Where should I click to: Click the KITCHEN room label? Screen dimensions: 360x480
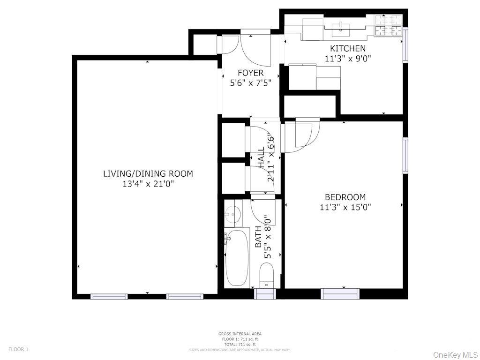pyautogui.click(x=348, y=48)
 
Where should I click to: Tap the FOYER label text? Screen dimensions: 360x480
pyautogui.click(x=250, y=73)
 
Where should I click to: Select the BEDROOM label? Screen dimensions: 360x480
pyautogui.click(x=345, y=197)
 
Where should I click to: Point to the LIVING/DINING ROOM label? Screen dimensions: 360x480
pyautogui.click(x=148, y=174)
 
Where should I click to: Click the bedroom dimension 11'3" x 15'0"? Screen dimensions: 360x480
pyautogui.click(x=345, y=207)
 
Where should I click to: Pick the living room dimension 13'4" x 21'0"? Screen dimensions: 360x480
pyautogui.click(x=148, y=184)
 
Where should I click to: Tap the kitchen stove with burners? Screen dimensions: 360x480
pyautogui.click(x=389, y=25)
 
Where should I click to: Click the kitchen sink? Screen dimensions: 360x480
pyautogui.click(x=342, y=28)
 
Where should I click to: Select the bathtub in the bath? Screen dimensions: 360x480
pyautogui.click(x=237, y=258)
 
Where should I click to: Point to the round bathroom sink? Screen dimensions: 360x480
pyautogui.click(x=232, y=215)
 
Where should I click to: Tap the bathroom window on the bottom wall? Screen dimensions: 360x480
pyautogui.click(x=265, y=294)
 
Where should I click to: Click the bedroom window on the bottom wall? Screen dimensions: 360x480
pyautogui.click(x=340, y=294)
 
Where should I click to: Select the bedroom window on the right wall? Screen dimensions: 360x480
pyautogui.click(x=405, y=155)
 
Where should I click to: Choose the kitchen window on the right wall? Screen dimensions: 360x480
pyautogui.click(x=405, y=45)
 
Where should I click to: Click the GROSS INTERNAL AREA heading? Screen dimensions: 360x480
pyautogui.click(x=240, y=334)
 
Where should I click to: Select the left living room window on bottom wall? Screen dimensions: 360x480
pyautogui.click(x=109, y=296)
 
